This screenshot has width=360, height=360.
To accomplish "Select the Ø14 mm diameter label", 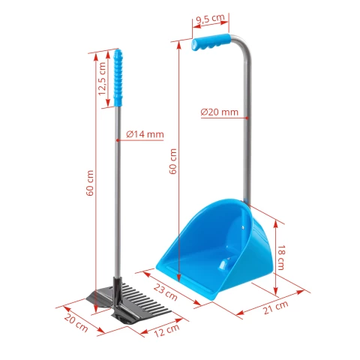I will click(x=145, y=133).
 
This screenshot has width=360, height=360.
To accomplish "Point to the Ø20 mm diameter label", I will click(x=219, y=112).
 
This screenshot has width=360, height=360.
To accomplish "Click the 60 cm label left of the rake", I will click(x=90, y=184).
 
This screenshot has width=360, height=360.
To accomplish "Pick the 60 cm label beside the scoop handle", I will click(x=174, y=160).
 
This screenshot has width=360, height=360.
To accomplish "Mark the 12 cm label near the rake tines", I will click(x=166, y=327).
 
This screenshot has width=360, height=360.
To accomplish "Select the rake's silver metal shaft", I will click(x=117, y=195).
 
